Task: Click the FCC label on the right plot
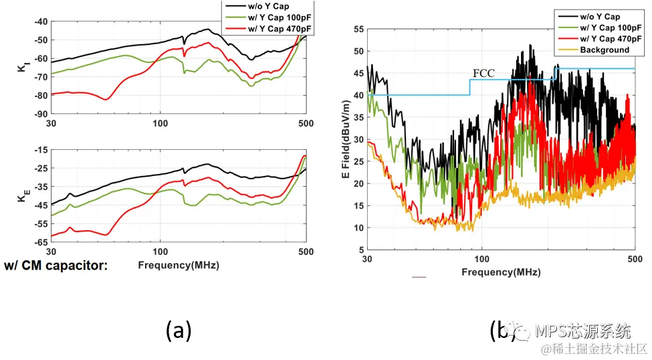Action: [x=483, y=73]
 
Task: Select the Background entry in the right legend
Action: [x=605, y=50]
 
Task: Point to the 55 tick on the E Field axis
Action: [x=359, y=29]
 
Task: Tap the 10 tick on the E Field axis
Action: [x=359, y=228]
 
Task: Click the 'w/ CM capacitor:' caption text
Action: [x=56, y=266]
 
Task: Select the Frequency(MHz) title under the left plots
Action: [x=179, y=265]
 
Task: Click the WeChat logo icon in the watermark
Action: [x=515, y=330]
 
